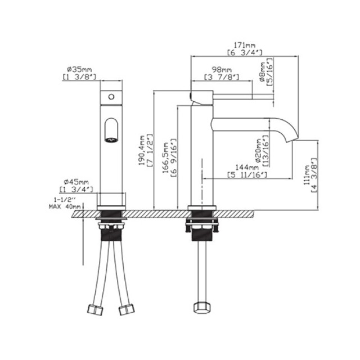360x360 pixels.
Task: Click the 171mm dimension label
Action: (244, 45)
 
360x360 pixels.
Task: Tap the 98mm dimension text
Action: (222, 69)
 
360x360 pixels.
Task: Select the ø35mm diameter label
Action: (79, 69)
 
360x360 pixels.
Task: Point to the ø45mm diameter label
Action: (76, 182)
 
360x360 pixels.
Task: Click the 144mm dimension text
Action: (247, 168)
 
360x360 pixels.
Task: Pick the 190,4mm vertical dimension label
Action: (142, 150)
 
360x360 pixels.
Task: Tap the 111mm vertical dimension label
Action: (307, 175)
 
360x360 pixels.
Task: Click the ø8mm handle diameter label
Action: (263, 72)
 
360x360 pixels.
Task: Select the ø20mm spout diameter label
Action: (258, 150)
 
